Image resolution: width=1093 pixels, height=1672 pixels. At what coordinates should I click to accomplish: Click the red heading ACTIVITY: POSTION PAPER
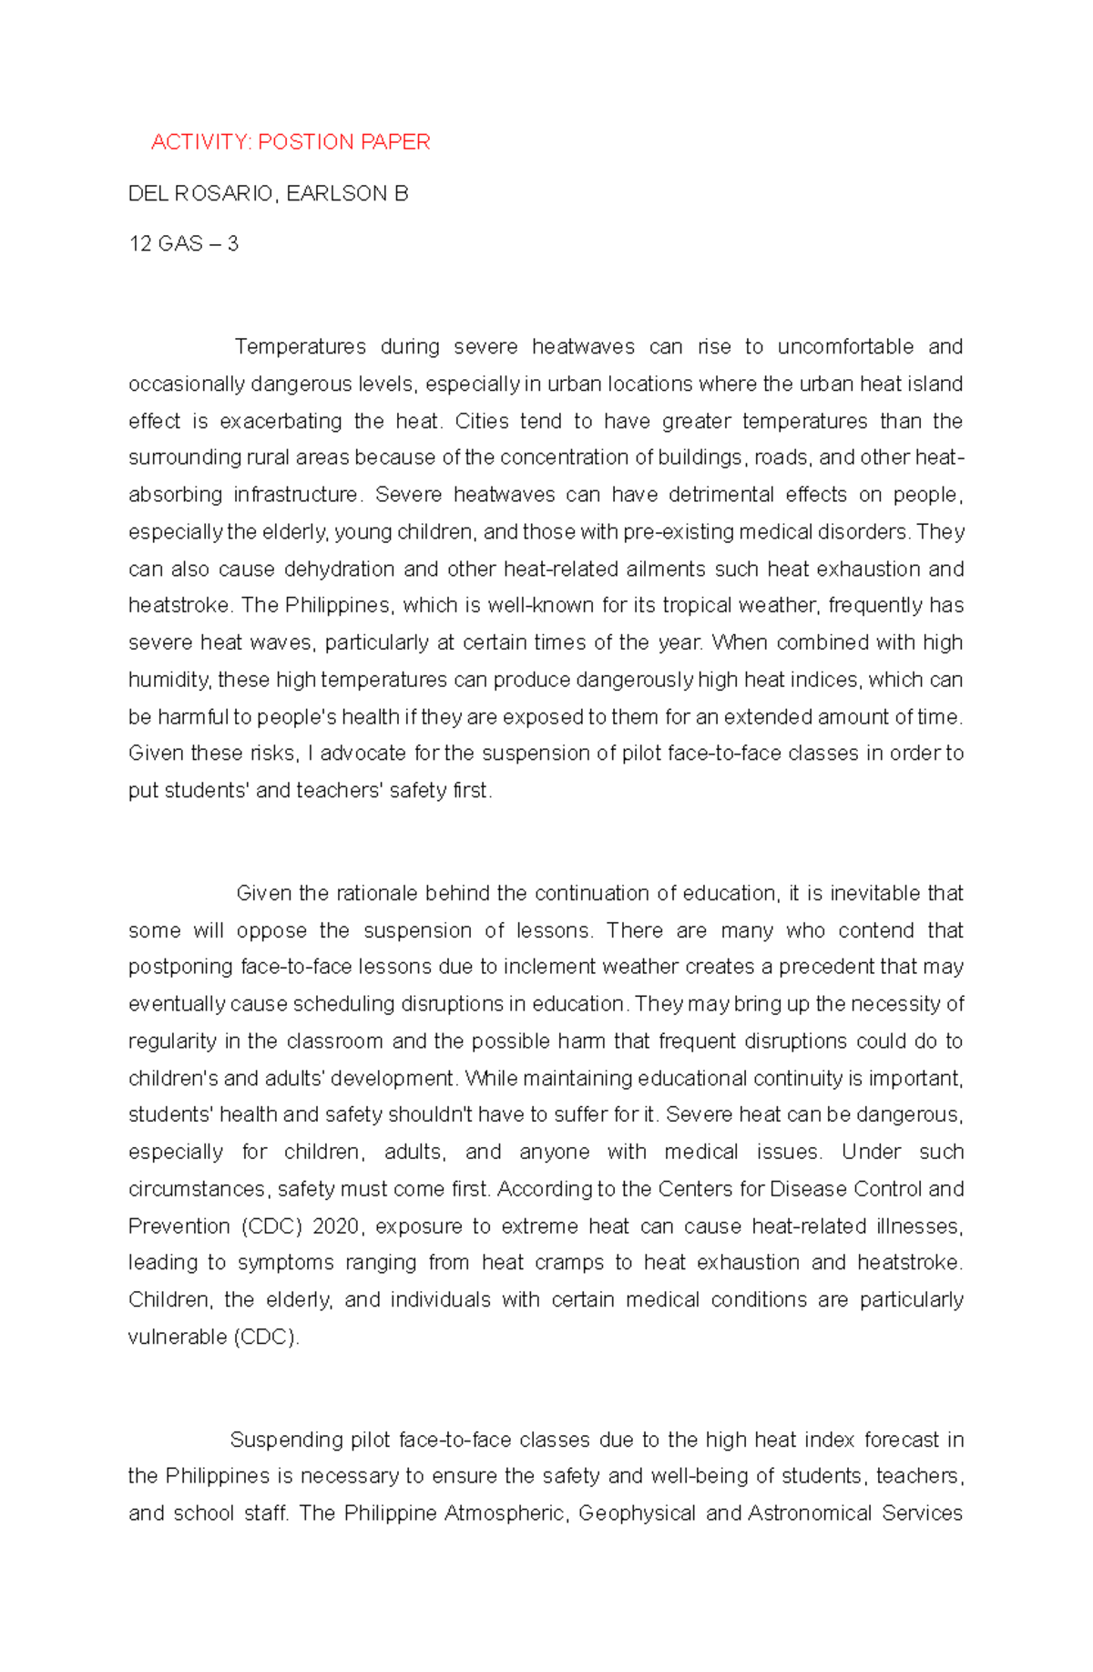click(x=290, y=142)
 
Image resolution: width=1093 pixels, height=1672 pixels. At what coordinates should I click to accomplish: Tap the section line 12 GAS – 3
click(x=183, y=244)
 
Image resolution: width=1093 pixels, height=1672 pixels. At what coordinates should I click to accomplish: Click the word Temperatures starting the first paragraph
click(x=301, y=347)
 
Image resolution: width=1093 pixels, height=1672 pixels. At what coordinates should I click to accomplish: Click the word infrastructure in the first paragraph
click(x=296, y=496)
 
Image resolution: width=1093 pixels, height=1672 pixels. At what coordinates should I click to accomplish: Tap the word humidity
click(x=169, y=681)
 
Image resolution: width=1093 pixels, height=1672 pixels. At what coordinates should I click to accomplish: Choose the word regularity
click(x=172, y=1041)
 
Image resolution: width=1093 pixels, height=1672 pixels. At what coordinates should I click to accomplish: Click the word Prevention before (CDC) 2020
click(x=178, y=1226)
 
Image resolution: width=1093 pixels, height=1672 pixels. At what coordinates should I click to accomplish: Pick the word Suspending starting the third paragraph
click(x=285, y=1440)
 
